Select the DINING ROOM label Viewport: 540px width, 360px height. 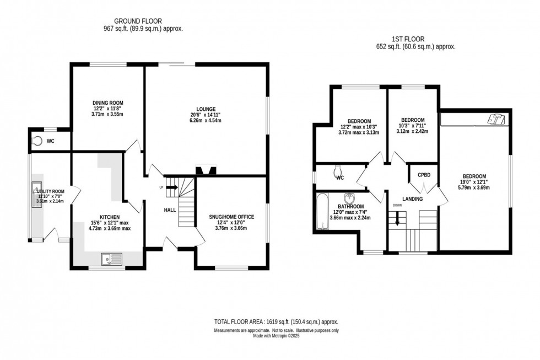(x=107, y=103)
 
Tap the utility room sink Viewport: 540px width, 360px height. (x=37, y=191)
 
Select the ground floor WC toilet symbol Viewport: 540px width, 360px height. (x=37, y=141)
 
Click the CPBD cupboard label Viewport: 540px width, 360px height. (x=424, y=175)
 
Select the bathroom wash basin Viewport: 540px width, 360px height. (x=349, y=198)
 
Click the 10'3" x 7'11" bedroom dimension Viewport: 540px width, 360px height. (x=413, y=126)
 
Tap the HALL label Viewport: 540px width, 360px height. (x=170, y=210)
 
